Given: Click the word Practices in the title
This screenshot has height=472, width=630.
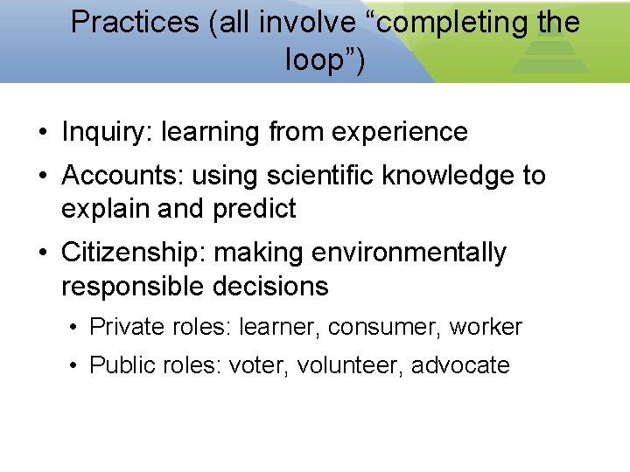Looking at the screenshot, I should (135, 22).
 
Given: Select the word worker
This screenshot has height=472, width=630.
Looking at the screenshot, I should (486, 327).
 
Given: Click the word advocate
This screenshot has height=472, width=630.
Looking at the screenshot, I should (460, 364).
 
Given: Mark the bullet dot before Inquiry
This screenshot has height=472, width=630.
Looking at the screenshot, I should (43, 133).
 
